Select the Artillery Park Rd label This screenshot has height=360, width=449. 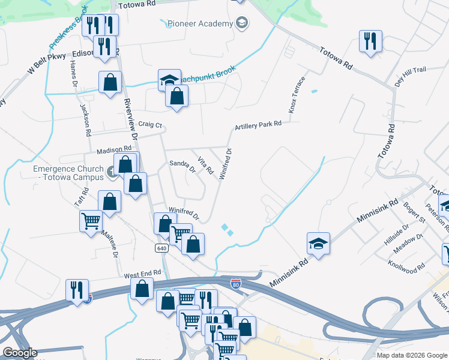tap(258, 125)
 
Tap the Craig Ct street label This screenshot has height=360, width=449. tap(150, 125)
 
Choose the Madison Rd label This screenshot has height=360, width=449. tap(111, 148)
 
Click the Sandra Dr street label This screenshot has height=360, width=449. tap(182, 166)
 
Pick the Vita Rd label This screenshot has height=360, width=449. tap(205, 166)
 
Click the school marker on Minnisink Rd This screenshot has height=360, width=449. tap(318, 244)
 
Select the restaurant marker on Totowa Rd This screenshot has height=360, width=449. tap(370, 41)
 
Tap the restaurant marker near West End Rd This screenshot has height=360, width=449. tap(77, 290)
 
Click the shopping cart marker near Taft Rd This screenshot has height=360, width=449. tap(91, 221)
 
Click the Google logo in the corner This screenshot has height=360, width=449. tap(19, 353)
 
